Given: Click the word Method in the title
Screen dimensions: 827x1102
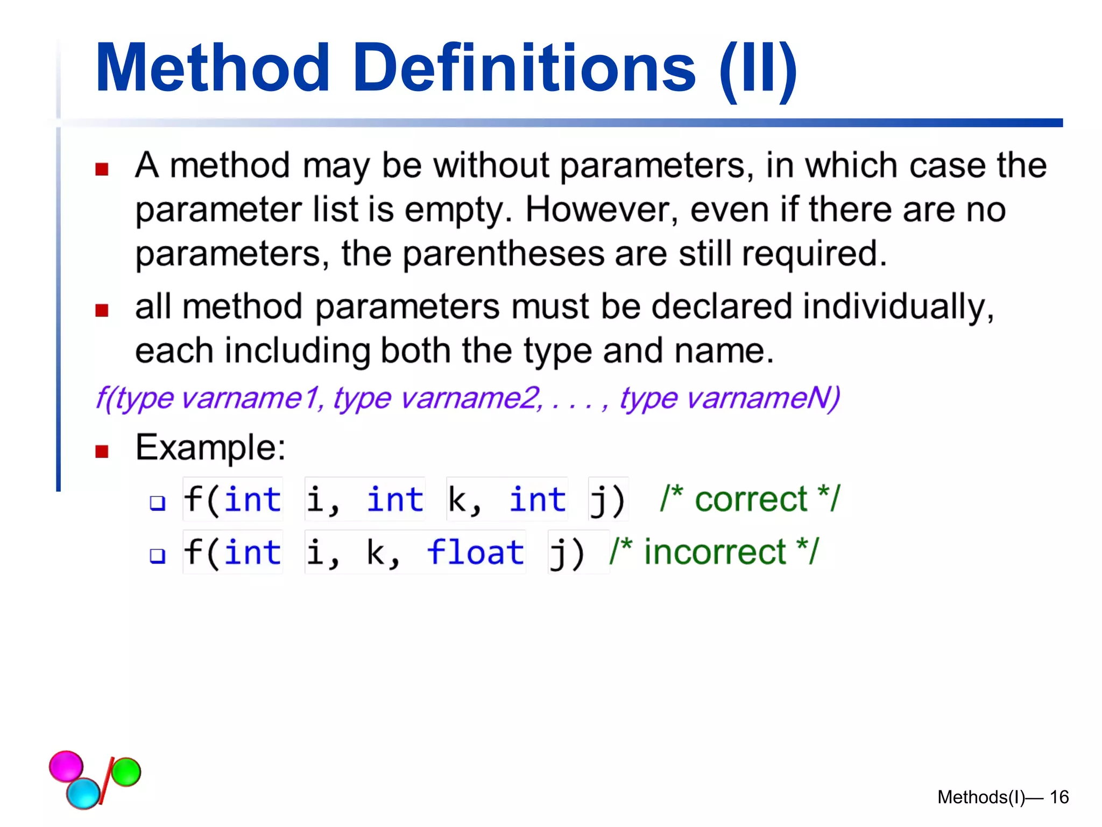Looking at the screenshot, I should [212, 68].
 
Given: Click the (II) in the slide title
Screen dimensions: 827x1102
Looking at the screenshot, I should [758, 70].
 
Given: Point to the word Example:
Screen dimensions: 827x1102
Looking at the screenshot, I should [210, 447].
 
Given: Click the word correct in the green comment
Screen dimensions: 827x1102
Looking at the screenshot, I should [751, 499].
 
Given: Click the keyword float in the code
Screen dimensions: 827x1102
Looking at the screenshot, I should [475, 552].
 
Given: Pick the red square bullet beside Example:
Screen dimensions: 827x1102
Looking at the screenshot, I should [102, 451].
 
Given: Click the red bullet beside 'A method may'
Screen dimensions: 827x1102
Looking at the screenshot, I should [102, 170].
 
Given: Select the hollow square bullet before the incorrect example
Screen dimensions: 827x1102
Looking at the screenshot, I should [157, 555].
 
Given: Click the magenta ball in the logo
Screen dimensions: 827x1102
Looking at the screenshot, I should [66, 766].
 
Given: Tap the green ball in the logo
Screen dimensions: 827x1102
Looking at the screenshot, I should [126, 772].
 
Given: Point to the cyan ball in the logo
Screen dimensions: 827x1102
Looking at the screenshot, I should [83, 793].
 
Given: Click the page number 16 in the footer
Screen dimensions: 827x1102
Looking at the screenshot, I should [1059, 797].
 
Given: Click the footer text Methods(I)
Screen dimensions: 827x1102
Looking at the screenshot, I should [980, 797].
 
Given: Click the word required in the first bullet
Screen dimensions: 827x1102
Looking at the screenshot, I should [814, 254].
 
